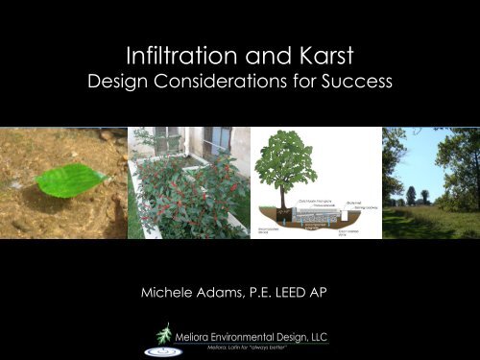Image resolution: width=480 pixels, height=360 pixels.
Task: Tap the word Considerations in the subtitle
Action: [256, 84]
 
